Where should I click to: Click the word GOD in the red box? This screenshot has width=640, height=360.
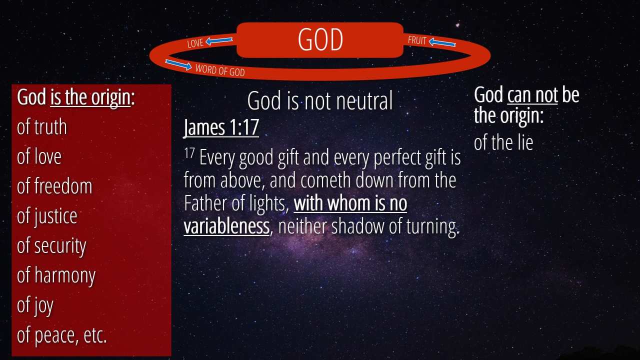(320, 39)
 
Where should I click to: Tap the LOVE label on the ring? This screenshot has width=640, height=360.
(195, 43)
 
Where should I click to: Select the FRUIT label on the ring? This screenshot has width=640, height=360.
(417, 40)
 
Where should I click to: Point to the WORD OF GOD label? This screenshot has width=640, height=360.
(220, 70)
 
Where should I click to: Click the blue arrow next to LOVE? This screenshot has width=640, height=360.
(219, 41)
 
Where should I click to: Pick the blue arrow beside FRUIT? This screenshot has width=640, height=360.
(442, 42)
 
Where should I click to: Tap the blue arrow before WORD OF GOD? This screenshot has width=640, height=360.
(178, 64)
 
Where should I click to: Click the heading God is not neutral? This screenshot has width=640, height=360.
(320, 100)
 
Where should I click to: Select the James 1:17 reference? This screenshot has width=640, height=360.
(221, 127)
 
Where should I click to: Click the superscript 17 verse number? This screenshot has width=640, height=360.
(189, 153)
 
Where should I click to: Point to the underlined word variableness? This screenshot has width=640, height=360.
(226, 226)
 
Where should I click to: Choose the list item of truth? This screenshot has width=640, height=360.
(42, 127)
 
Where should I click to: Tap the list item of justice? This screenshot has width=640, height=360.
(47, 216)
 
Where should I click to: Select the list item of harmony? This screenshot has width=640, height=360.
(56, 275)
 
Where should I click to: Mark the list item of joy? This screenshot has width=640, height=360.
(35, 305)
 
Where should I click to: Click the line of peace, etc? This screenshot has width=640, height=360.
(61, 335)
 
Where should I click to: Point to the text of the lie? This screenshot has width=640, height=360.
(503, 142)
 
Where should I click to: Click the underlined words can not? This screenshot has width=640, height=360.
(532, 94)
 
